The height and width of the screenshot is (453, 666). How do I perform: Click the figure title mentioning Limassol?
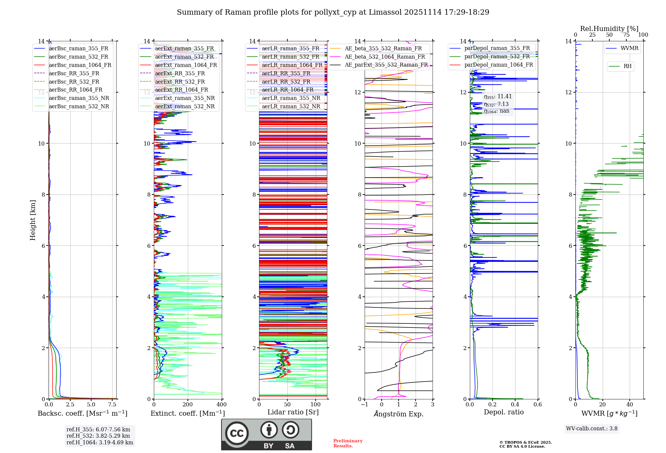pyautogui.click(x=333, y=12)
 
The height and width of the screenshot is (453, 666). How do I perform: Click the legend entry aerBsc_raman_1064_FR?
pyautogui.click(x=80, y=65)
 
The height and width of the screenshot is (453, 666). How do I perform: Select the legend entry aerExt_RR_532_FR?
pyautogui.click(x=180, y=82)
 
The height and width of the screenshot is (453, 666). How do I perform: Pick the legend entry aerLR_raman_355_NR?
pyautogui.click(x=291, y=98)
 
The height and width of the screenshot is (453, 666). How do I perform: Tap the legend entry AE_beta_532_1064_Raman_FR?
pyautogui.click(x=385, y=57)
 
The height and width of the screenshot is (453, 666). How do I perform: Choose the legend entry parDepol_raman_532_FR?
pyautogui.click(x=497, y=56)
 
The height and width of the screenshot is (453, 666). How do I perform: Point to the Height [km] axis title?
pyautogui.click(x=33, y=220)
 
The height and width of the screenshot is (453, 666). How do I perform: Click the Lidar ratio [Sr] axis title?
pyautogui.click(x=293, y=412)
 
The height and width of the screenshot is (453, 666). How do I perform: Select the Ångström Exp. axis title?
pyautogui.click(x=399, y=414)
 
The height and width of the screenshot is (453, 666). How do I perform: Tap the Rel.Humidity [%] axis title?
pyautogui.click(x=609, y=29)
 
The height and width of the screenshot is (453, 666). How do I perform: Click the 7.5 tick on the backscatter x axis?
pyautogui.click(x=112, y=404)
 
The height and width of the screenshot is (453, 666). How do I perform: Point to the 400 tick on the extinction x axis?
pyautogui.click(x=221, y=404)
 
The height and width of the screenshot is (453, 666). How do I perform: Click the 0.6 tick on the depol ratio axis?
pyautogui.click(x=537, y=404)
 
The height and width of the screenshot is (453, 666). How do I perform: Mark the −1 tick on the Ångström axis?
pyautogui.click(x=364, y=404)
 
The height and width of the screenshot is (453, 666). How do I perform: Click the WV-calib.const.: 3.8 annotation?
pyautogui.click(x=592, y=428)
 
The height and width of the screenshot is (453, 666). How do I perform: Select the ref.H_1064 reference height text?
pyautogui.click(x=100, y=442)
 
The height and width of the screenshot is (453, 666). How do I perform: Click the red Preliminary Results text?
pyautogui.click(x=348, y=443)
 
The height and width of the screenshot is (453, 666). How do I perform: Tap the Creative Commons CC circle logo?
pyautogui.click(x=237, y=433)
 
